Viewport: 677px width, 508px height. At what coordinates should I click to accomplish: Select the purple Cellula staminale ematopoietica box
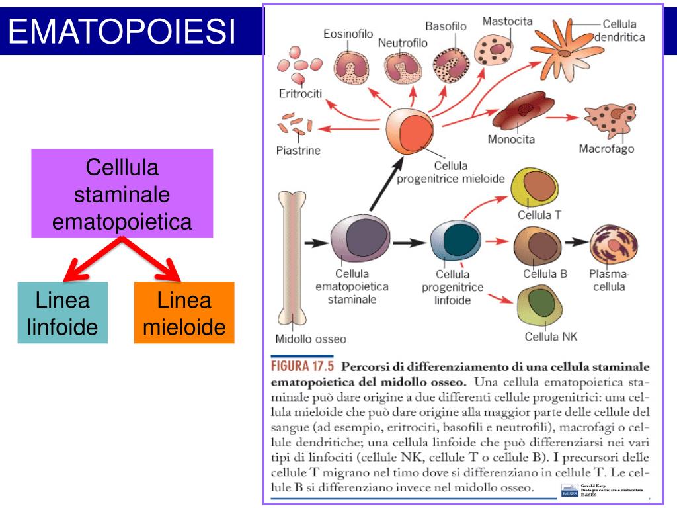coord(122,194)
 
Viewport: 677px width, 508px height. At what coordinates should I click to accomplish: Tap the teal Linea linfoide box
coord(63,314)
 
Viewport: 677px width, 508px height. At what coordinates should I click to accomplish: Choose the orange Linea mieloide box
coord(184,313)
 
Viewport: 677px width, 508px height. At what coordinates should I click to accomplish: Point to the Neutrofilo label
coord(403,43)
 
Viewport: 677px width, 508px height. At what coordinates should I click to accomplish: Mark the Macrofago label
coord(606,149)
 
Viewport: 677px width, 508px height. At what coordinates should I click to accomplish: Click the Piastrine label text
coord(298,150)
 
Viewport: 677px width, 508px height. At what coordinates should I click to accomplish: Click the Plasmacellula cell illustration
coord(613,245)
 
